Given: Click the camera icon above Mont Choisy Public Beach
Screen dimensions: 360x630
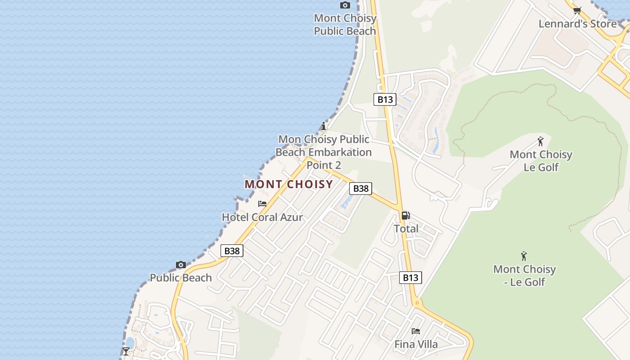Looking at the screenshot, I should [345, 5].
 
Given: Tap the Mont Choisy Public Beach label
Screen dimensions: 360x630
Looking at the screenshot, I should [345, 25].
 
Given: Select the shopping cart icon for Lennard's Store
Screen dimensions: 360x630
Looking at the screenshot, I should [577, 10].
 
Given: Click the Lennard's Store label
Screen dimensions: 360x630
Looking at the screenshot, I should [577, 24].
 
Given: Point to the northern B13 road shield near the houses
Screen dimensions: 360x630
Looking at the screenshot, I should [385, 99].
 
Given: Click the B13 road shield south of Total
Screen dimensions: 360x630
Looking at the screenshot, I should [410, 278].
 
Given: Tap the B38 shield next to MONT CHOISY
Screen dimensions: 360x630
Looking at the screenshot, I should [361, 189].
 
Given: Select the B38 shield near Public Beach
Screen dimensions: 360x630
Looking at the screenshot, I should [232, 251].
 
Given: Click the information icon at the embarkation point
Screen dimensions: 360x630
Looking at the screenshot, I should [323, 126].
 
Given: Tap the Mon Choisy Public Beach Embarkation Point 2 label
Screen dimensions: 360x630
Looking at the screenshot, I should [324, 152].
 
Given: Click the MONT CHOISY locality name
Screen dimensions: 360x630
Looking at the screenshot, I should [289, 184].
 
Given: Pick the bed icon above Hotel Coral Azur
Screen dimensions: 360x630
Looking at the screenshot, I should [262, 204].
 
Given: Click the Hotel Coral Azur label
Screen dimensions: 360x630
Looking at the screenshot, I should [262, 217].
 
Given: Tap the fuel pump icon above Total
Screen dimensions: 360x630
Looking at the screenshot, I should [405, 216].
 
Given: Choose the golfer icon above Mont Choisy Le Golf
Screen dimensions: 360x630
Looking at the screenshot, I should [540, 141].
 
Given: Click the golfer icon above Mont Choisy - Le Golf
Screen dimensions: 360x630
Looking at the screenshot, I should [524, 256].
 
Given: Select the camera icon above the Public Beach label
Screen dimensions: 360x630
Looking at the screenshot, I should [181, 265].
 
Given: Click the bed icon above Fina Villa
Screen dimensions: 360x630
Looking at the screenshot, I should [416, 331].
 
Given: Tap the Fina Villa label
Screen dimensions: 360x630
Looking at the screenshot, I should [416, 345].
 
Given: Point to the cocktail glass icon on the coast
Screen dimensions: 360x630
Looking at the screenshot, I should [126, 351].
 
